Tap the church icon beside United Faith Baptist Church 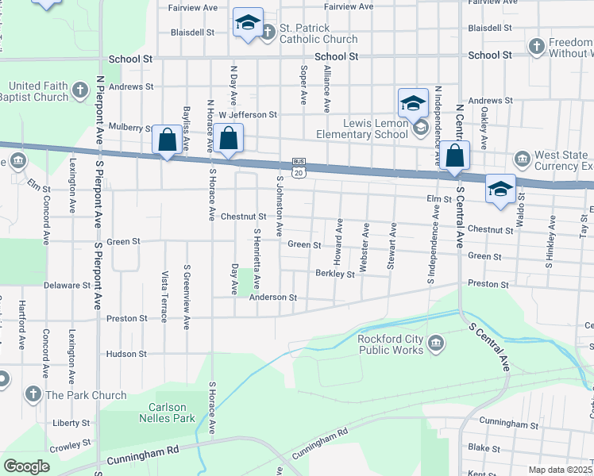pyautogui.click(x=80, y=90)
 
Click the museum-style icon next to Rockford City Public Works pyautogui.click(x=436, y=344)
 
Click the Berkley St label pyautogui.click(x=334, y=274)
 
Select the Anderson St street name pyautogui.click(x=272, y=297)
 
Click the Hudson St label pyautogui.click(x=126, y=354)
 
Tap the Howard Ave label pyautogui.click(x=338, y=242)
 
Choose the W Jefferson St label pyautogui.click(x=247, y=114)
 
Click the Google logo pyautogui.click(x=25, y=466)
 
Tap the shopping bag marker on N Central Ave pyautogui.click(x=455, y=156)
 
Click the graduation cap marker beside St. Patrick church pyautogui.click(x=248, y=24)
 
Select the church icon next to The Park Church pyautogui.click(x=33, y=393)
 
